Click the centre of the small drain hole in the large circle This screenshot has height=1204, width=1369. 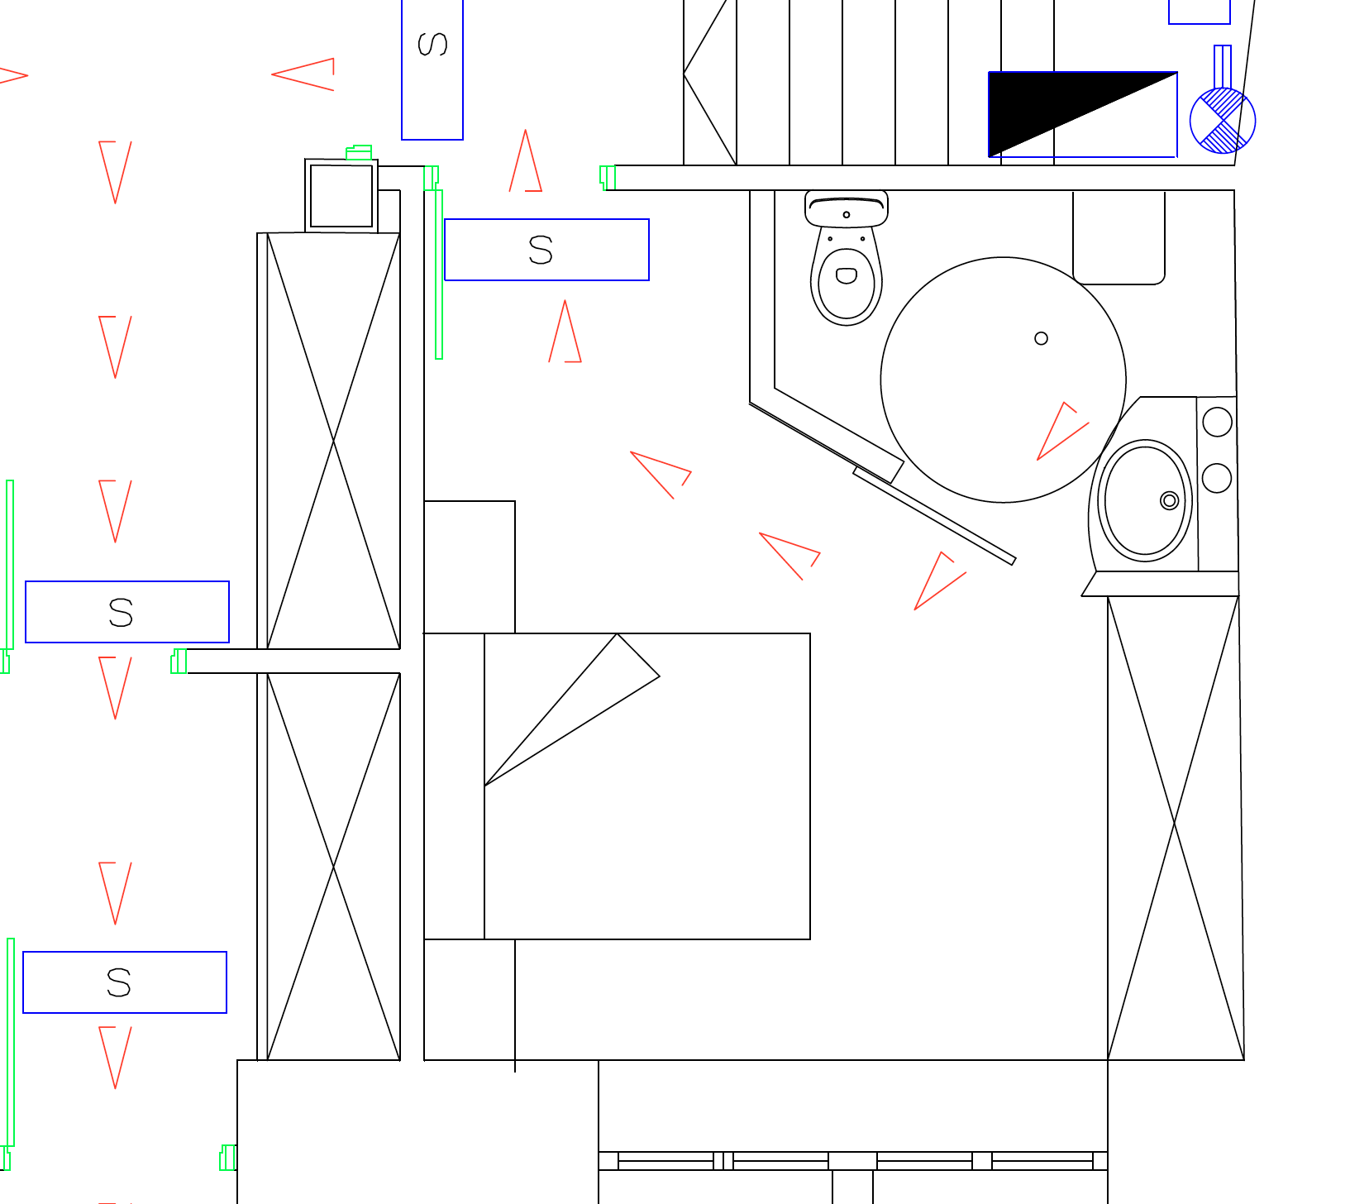point(1042,338)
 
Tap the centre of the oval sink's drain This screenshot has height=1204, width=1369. point(1170,500)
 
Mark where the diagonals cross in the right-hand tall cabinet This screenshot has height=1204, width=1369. point(1175,824)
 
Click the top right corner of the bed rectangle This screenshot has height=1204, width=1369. point(810,633)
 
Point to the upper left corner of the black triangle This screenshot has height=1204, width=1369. point(990,73)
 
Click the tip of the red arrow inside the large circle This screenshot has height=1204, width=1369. point(1037,460)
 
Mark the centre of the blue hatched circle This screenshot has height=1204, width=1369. point(1223,121)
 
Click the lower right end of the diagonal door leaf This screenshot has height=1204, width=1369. point(1014,562)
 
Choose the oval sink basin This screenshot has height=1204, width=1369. point(1145,500)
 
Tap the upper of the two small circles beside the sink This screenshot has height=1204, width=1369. point(1218,422)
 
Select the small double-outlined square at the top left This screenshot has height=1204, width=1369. point(341,196)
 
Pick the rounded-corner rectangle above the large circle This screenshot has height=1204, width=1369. point(1119,237)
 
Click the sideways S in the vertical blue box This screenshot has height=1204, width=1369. point(432,44)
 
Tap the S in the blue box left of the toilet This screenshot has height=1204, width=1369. point(541,250)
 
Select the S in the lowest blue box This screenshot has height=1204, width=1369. point(119,982)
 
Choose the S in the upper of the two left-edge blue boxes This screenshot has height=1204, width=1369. point(121,613)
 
